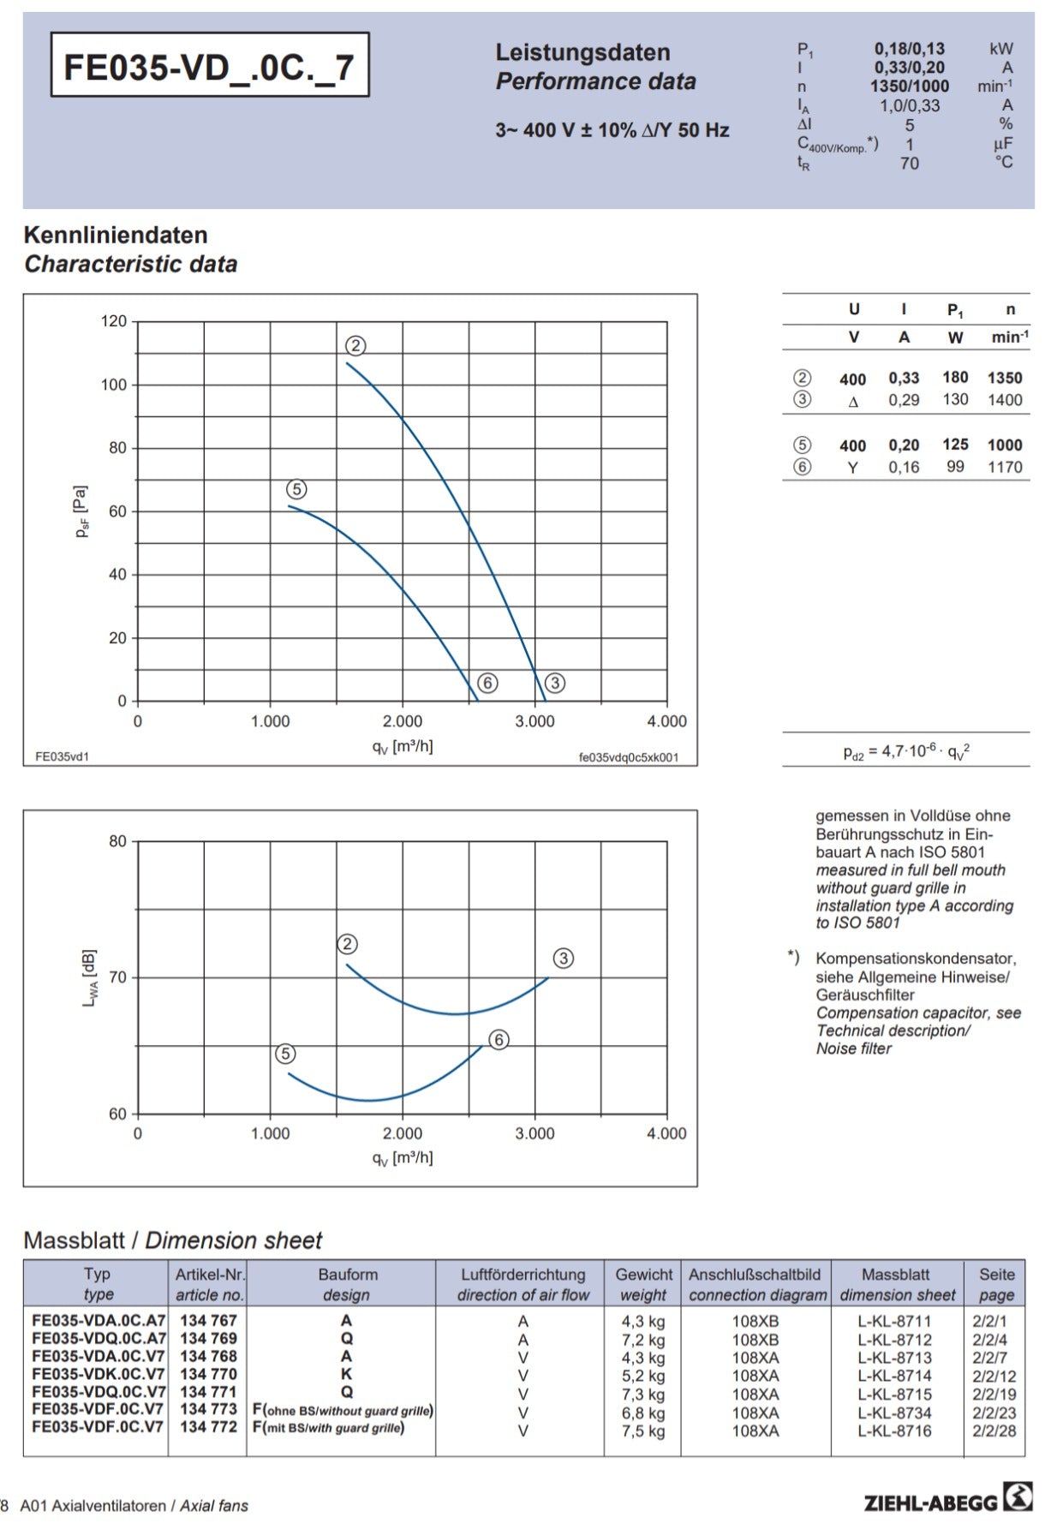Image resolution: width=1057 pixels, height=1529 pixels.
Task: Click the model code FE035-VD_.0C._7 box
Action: click(x=210, y=65)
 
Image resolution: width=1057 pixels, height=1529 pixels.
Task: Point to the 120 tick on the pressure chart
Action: click(x=114, y=321)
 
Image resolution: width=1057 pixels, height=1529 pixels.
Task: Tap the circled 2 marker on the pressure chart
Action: click(x=355, y=345)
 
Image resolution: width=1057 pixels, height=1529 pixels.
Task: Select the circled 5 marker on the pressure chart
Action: click(x=296, y=489)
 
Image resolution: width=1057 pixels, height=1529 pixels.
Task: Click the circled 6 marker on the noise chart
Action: click(x=499, y=1040)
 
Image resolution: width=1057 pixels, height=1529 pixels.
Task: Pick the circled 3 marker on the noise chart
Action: click(x=563, y=959)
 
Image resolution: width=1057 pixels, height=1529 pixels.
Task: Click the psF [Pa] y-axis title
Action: click(x=82, y=511)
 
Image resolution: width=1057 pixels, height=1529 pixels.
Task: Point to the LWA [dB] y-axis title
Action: click(x=89, y=977)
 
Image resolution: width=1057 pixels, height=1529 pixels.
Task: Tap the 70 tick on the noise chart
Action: click(x=117, y=977)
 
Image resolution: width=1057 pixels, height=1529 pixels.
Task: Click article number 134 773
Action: click(x=208, y=1409)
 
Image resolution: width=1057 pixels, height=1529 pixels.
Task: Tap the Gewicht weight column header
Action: click(x=643, y=1284)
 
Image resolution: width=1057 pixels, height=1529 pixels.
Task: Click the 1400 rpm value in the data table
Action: click(x=1005, y=399)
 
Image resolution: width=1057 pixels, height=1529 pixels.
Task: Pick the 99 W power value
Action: click(x=955, y=467)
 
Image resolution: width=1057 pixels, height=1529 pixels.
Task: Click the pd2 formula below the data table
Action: click(x=906, y=751)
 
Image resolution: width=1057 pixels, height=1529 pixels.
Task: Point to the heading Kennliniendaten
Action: click(x=116, y=235)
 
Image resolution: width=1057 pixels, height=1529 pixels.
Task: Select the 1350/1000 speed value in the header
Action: click(x=909, y=87)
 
